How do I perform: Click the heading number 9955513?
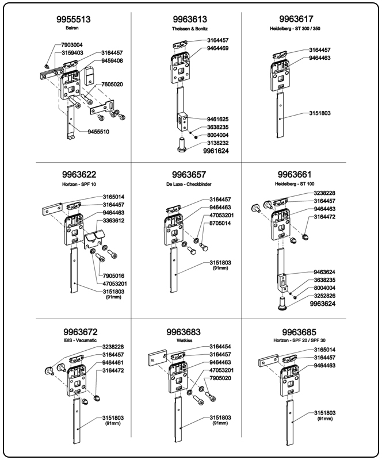pos(74,20)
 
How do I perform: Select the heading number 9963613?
pos(189,20)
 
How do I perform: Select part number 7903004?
pos(72,45)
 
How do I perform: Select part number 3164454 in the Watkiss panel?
pos(220,346)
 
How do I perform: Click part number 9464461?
pos(114,363)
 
